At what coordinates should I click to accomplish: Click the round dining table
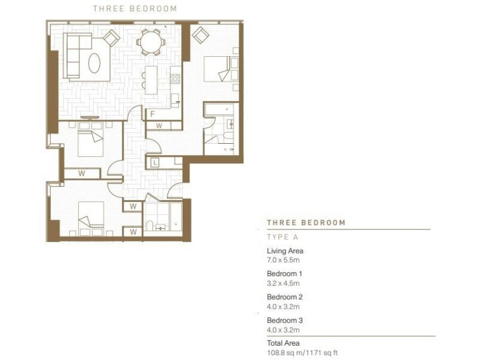click(151, 43)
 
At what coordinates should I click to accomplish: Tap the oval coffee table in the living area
click(94, 63)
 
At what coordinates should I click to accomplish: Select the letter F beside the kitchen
click(152, 114)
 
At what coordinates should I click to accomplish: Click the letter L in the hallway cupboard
click(155, 163)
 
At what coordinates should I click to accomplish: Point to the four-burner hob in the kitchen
click(176, 79)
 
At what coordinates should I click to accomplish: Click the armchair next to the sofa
click(111, 38)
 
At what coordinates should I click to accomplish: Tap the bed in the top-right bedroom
click(220, 69)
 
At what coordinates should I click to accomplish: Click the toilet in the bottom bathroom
click(151, 226)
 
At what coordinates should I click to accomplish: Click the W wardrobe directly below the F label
click(159, 126)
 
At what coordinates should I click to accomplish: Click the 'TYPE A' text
click(282, 237)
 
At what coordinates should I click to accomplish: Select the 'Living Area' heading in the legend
click(285, 251)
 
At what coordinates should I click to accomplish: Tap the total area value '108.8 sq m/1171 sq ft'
click(302, 352)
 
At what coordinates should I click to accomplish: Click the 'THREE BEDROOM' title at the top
click(135, 9)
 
